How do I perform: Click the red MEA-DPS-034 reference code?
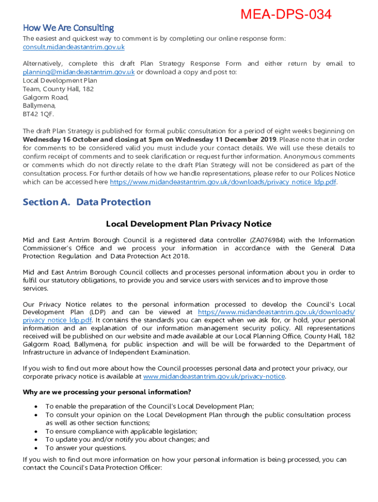tap(286, 15)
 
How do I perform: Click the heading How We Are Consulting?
tap(68, 28)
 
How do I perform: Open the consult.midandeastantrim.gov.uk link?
tap(74, 47)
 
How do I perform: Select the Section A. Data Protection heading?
tap(86, 202)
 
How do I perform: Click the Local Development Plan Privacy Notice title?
tap(189, 224)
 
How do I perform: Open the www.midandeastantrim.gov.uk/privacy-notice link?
tap(214, 376)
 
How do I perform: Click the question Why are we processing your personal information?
tap(107, 392)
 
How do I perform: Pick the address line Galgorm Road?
tap(46, 97)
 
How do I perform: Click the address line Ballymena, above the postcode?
tap(40, 105)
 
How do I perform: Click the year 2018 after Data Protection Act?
tap(179, 256)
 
